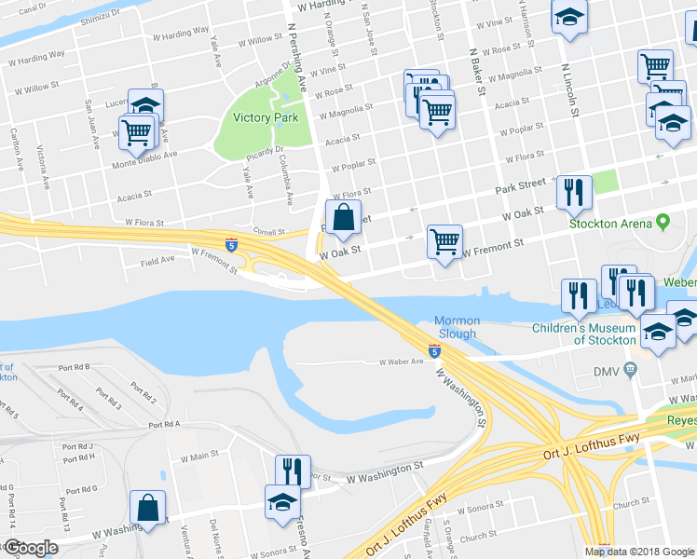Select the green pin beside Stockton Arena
click(663, 224)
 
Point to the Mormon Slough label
click(456, 328)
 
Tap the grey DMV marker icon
click(632, 370)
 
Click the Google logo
click(31, 548)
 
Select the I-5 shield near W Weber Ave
click(435, 350)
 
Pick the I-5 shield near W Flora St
click(231, 245)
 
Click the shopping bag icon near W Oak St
click(343, 217)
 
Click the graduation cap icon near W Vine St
click(568, 17)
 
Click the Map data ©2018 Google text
click(638, 552)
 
